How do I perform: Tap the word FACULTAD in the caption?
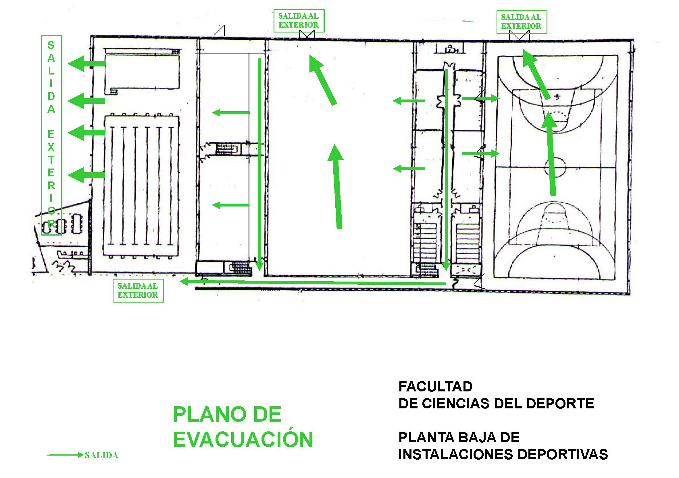click(x=435, y=387)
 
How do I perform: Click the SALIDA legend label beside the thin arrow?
click(x=101, y=455)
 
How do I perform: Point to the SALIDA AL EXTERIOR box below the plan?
click(x=138, y=290)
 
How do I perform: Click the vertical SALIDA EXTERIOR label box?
click(x=51, y=135)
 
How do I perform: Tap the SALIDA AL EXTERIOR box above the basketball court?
click(x=521, y=22)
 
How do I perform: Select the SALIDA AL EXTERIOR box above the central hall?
click(x=299, y=20)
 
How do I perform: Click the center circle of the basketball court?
click(x=555, y=167)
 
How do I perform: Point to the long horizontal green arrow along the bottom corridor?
click(x=313, y=282)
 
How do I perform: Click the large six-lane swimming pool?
click(x=141, y=186)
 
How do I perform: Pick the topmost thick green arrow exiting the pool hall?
click(x=86, y=63)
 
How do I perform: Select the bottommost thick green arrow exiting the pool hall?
click(x=86, y=175)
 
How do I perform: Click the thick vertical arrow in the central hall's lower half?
click(x=336, y=186)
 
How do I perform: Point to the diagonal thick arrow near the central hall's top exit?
click(x=323, y=80)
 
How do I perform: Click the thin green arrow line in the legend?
click(x=65, y=455)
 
